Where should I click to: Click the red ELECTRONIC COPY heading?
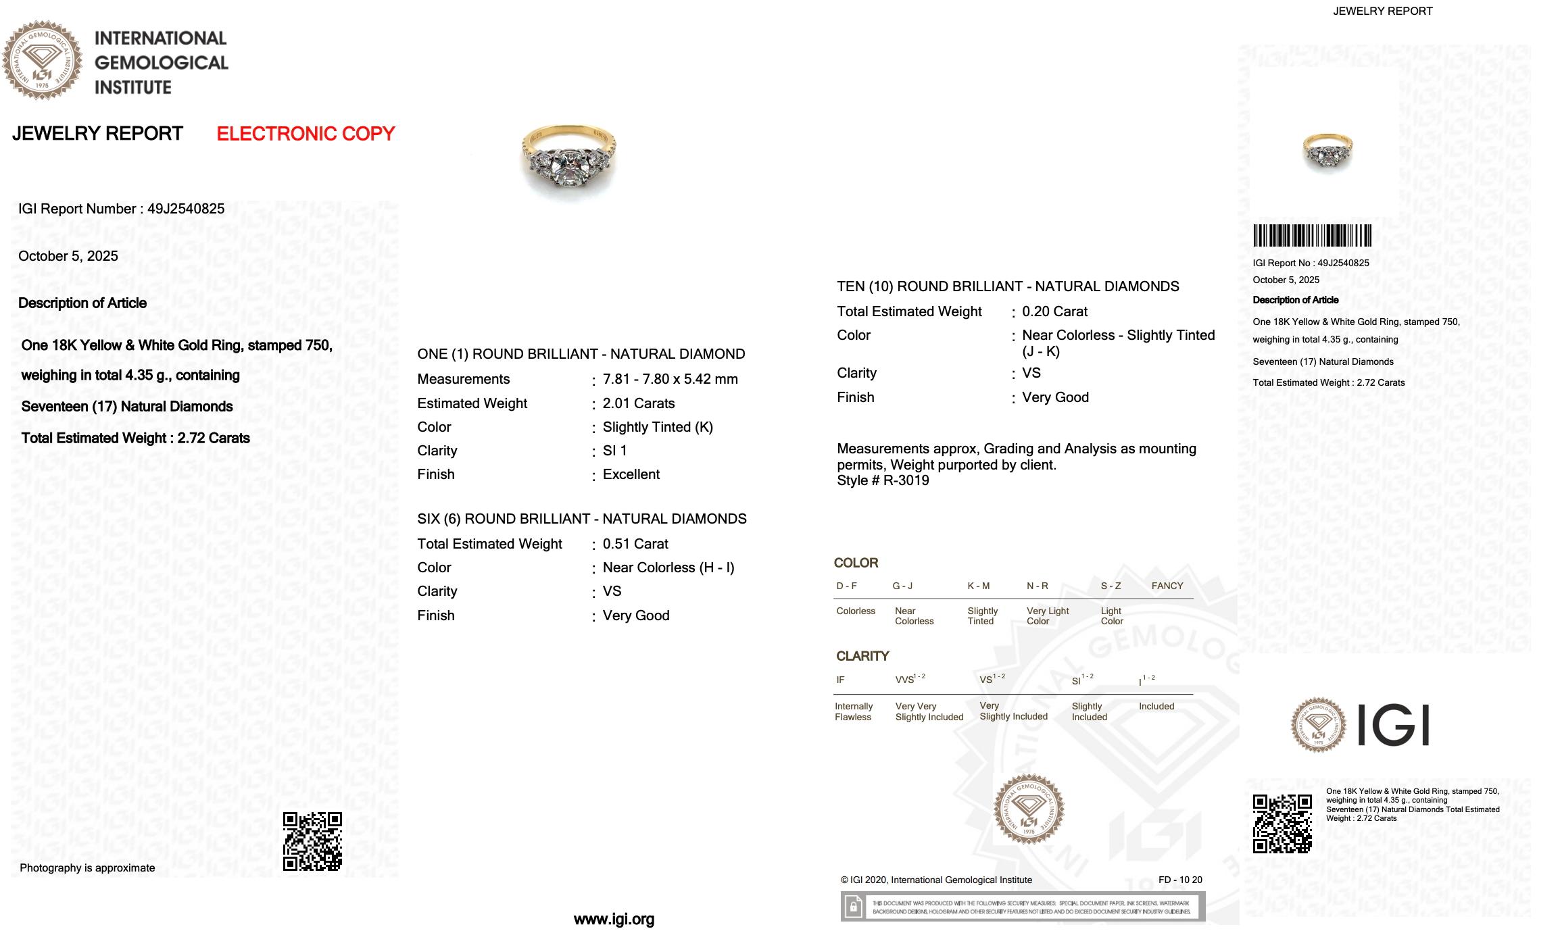(306, 134)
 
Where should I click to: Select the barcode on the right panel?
(1312, 236)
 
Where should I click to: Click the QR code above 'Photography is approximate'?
(312, 841)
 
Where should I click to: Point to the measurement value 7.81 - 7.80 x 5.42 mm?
(670, 379)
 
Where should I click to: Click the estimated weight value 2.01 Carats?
(639, 403)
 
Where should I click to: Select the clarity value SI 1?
(614, 451)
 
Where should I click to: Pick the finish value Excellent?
(631, 474)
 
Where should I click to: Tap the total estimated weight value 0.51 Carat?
(635, 544)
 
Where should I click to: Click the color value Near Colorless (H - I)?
(668, 568)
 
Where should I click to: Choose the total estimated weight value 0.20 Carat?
(1054, 311)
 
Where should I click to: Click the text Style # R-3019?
(883, 480)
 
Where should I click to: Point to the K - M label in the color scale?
(978, 586)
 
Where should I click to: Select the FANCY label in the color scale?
(1167, 586)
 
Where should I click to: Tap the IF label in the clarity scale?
(840, 680)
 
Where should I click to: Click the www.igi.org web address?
(614, 919)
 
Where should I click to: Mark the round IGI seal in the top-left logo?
(42, 60)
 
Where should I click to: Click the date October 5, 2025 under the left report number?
(68, 256)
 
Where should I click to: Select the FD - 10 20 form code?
(1180, 880)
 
